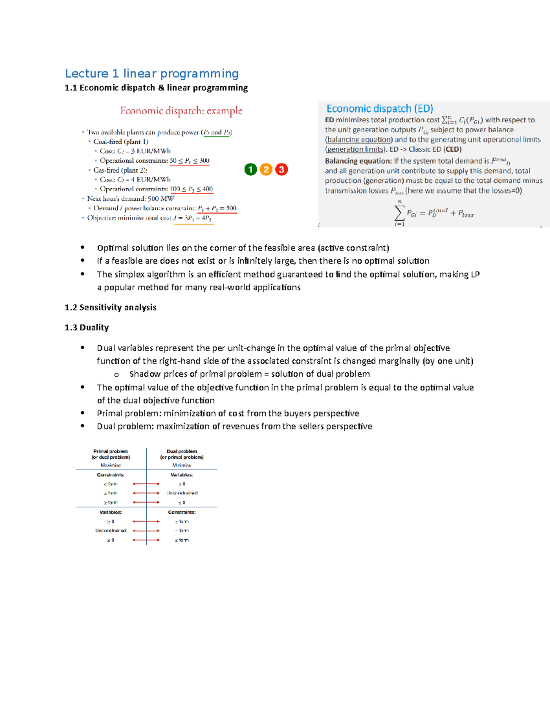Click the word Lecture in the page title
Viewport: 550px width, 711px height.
tap(87, 74)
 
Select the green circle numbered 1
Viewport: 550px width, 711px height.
tap(250, 169)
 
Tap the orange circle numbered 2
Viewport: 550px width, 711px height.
tap(266, 169)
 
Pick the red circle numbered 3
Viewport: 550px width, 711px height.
tap(281, 169)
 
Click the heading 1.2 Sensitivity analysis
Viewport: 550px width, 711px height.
tap(110, 307)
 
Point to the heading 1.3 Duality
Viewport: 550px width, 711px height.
tap(87, 327)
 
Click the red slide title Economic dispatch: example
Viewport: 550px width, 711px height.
tap(181, 111)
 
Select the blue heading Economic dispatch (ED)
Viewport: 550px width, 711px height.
tap(379, 109)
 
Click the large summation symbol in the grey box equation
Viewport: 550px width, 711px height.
tap(399, 213)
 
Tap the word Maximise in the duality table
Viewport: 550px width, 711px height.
tap(110, 465)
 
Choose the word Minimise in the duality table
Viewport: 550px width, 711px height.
tap(181, 465)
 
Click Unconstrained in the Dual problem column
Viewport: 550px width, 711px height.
tap(182, 493)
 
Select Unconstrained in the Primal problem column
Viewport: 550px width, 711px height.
tap(110, 531)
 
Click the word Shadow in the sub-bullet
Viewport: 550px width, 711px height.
tap(145, 374)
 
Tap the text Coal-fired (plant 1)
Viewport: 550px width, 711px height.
tap(121, 142)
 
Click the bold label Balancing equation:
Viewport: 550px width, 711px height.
tap(358, 161)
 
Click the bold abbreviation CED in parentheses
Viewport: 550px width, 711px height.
tap(452, 149)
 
